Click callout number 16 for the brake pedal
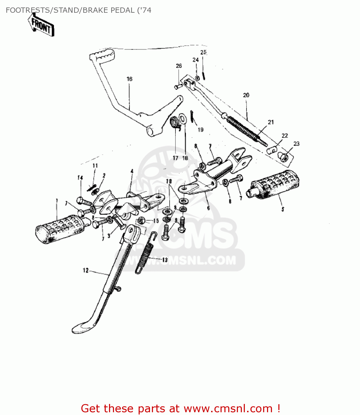pyautogui.click(x=130, y=79)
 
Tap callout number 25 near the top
pyautogui.click(x=203, y=52)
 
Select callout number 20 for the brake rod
pyautogui.click(x=246, y=95)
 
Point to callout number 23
pyautogui.click(x=296, y=144)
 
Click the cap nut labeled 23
pyautogui.click(x=283, y=157)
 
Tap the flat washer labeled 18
pyautogui.click(x=183, y=118)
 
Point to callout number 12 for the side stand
pyautogui.click(x=86, y=270)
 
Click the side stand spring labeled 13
pyautogui.click(x=144, y=253)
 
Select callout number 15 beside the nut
pyautogui.click(x=156, y=221)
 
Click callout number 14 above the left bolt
pyautogui.click(x=80, y=178)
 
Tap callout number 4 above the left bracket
pyautogui.click(x=132, y=172)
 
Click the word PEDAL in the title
pyautogui.click(x=122, y=10)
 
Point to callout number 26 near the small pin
pyautogui.click(x=179, y=66)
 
